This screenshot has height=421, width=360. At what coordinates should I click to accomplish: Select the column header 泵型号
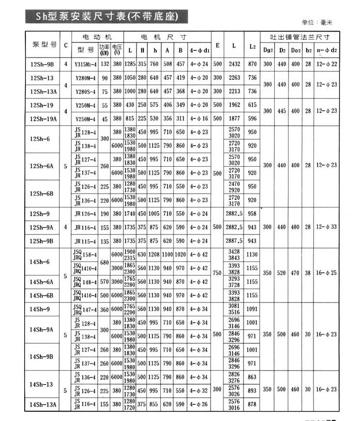(x=44, y=45)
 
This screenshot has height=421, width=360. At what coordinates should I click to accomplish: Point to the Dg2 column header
(x=267, y=50)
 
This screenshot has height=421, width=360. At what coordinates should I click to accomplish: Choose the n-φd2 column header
(x=327, y=50)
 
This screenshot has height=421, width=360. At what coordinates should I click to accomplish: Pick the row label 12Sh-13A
(x=42, y=91)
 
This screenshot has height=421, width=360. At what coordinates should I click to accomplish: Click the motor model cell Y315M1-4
(x=85, y=64)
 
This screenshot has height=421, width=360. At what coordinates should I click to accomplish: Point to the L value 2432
(x=234, y=64)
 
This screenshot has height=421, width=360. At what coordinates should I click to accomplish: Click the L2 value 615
(x=252, y=105)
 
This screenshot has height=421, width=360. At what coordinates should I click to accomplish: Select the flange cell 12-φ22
(x=327, y=64)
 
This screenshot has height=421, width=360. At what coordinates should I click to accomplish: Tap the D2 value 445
(x=282, y=111)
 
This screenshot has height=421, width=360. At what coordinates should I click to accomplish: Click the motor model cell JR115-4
(x=85, y=241)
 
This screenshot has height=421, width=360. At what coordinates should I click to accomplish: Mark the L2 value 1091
(x=252, y=309)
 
